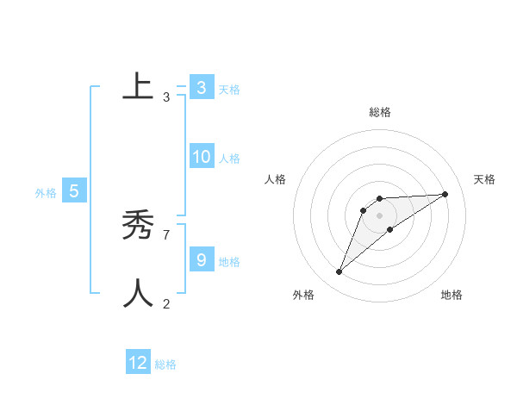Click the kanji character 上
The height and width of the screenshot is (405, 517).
pyautogui.click(x=138, y=86)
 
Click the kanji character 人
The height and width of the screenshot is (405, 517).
pyautogui.click(x=138, y=294)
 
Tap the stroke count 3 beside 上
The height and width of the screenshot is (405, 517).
pyautogui.click(x=166, y=97)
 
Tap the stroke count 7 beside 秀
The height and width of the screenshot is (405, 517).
pyautogui.click(x=166, y=234)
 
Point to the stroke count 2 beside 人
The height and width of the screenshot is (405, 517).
pyautogui.click(x=166, y=303)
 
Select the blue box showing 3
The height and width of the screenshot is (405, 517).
pyautogui.click(x=201, y=87)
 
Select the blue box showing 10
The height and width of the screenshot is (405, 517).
pyautogui.click(x=201, y=157)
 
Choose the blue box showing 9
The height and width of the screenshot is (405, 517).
pyautogui.click(x=201, y=259)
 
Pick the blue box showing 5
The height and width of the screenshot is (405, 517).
pyautogui.click(x=73, y=191)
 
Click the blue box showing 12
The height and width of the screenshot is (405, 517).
pyautogui.click(x=138, y=363)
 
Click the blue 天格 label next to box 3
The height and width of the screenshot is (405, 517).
pyautogui.click(x=229, y=89)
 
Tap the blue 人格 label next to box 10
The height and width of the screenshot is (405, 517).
pyautogui.click(x=229, y=159)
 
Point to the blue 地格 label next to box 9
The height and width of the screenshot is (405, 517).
pyautogui.click(x=229, y=262)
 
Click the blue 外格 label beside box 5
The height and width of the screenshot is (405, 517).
pyautogui.click(x=46, y=194)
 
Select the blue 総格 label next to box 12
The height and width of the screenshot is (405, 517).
pyautogui.click(x=165, y=364)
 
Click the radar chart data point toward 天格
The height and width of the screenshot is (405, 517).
pyautogui.click(x=445, y=194)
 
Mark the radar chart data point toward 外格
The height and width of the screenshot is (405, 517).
pyautogui.click(x=339, y=272)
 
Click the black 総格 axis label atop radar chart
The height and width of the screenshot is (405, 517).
pyautogui.click(x=379, y=112)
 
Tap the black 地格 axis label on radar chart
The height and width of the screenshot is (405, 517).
pyautogui.click(x=452, y=295)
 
